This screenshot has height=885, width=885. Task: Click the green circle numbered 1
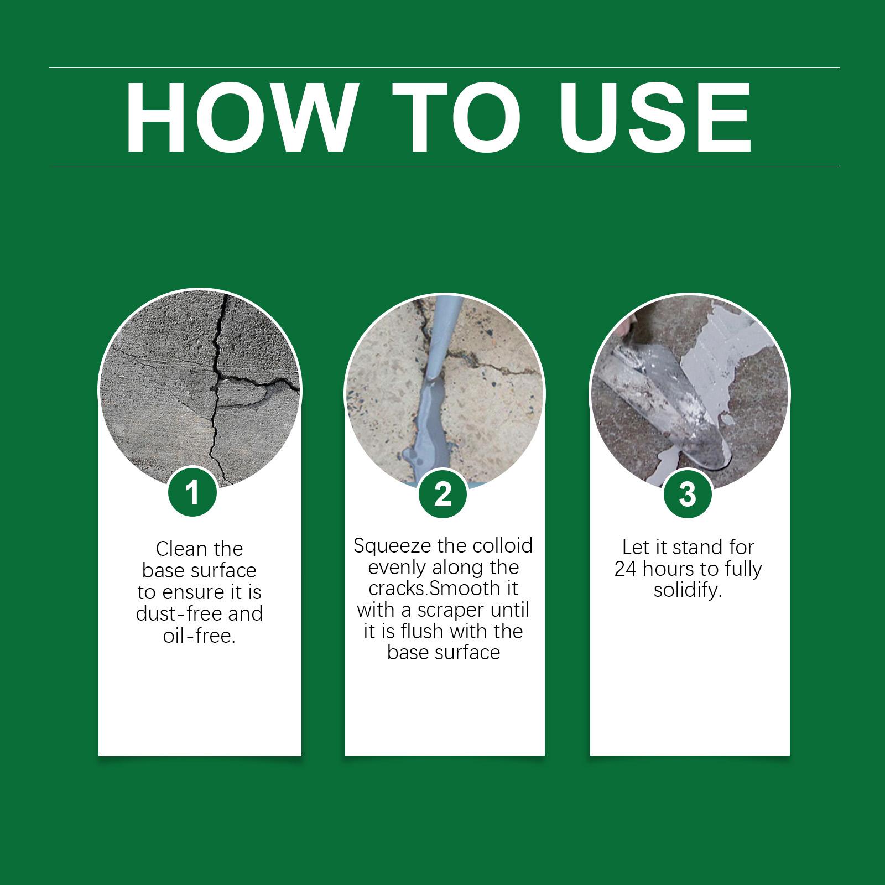click(x=192, y=492)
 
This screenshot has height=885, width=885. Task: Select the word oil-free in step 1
click(x=199, y=636)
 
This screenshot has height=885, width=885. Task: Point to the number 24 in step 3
click(x=626, y=569)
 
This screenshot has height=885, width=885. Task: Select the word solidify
click(x=688, y=591)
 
